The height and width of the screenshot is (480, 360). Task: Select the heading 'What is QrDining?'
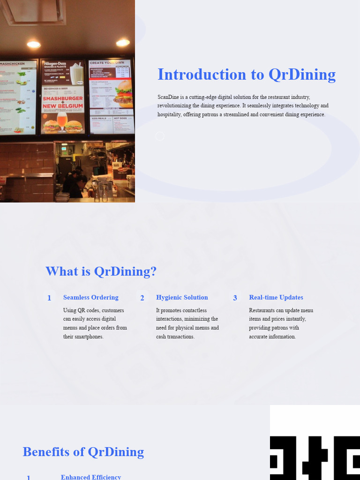(101, 271)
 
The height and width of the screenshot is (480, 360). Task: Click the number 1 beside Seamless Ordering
(49, 298)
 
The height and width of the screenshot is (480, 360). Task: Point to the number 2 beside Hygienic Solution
(142, 298)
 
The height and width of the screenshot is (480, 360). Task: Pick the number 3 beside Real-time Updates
(235, 298)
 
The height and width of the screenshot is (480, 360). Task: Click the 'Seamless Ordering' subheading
(91, 298)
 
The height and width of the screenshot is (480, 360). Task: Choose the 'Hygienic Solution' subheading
(182, 298)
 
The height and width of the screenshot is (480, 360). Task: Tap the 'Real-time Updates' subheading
(276, 298)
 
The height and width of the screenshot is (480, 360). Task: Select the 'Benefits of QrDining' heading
(83, 452)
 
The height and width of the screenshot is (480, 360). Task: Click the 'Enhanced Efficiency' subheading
(91, 477)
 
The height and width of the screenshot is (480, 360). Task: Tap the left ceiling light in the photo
(34, 45)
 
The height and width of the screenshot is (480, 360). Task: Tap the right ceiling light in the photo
(123, 43)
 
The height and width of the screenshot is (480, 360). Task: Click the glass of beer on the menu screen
(62, 121)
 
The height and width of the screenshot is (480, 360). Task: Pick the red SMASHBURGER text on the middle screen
(63, 99)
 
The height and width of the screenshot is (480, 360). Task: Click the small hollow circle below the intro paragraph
(160, 136)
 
